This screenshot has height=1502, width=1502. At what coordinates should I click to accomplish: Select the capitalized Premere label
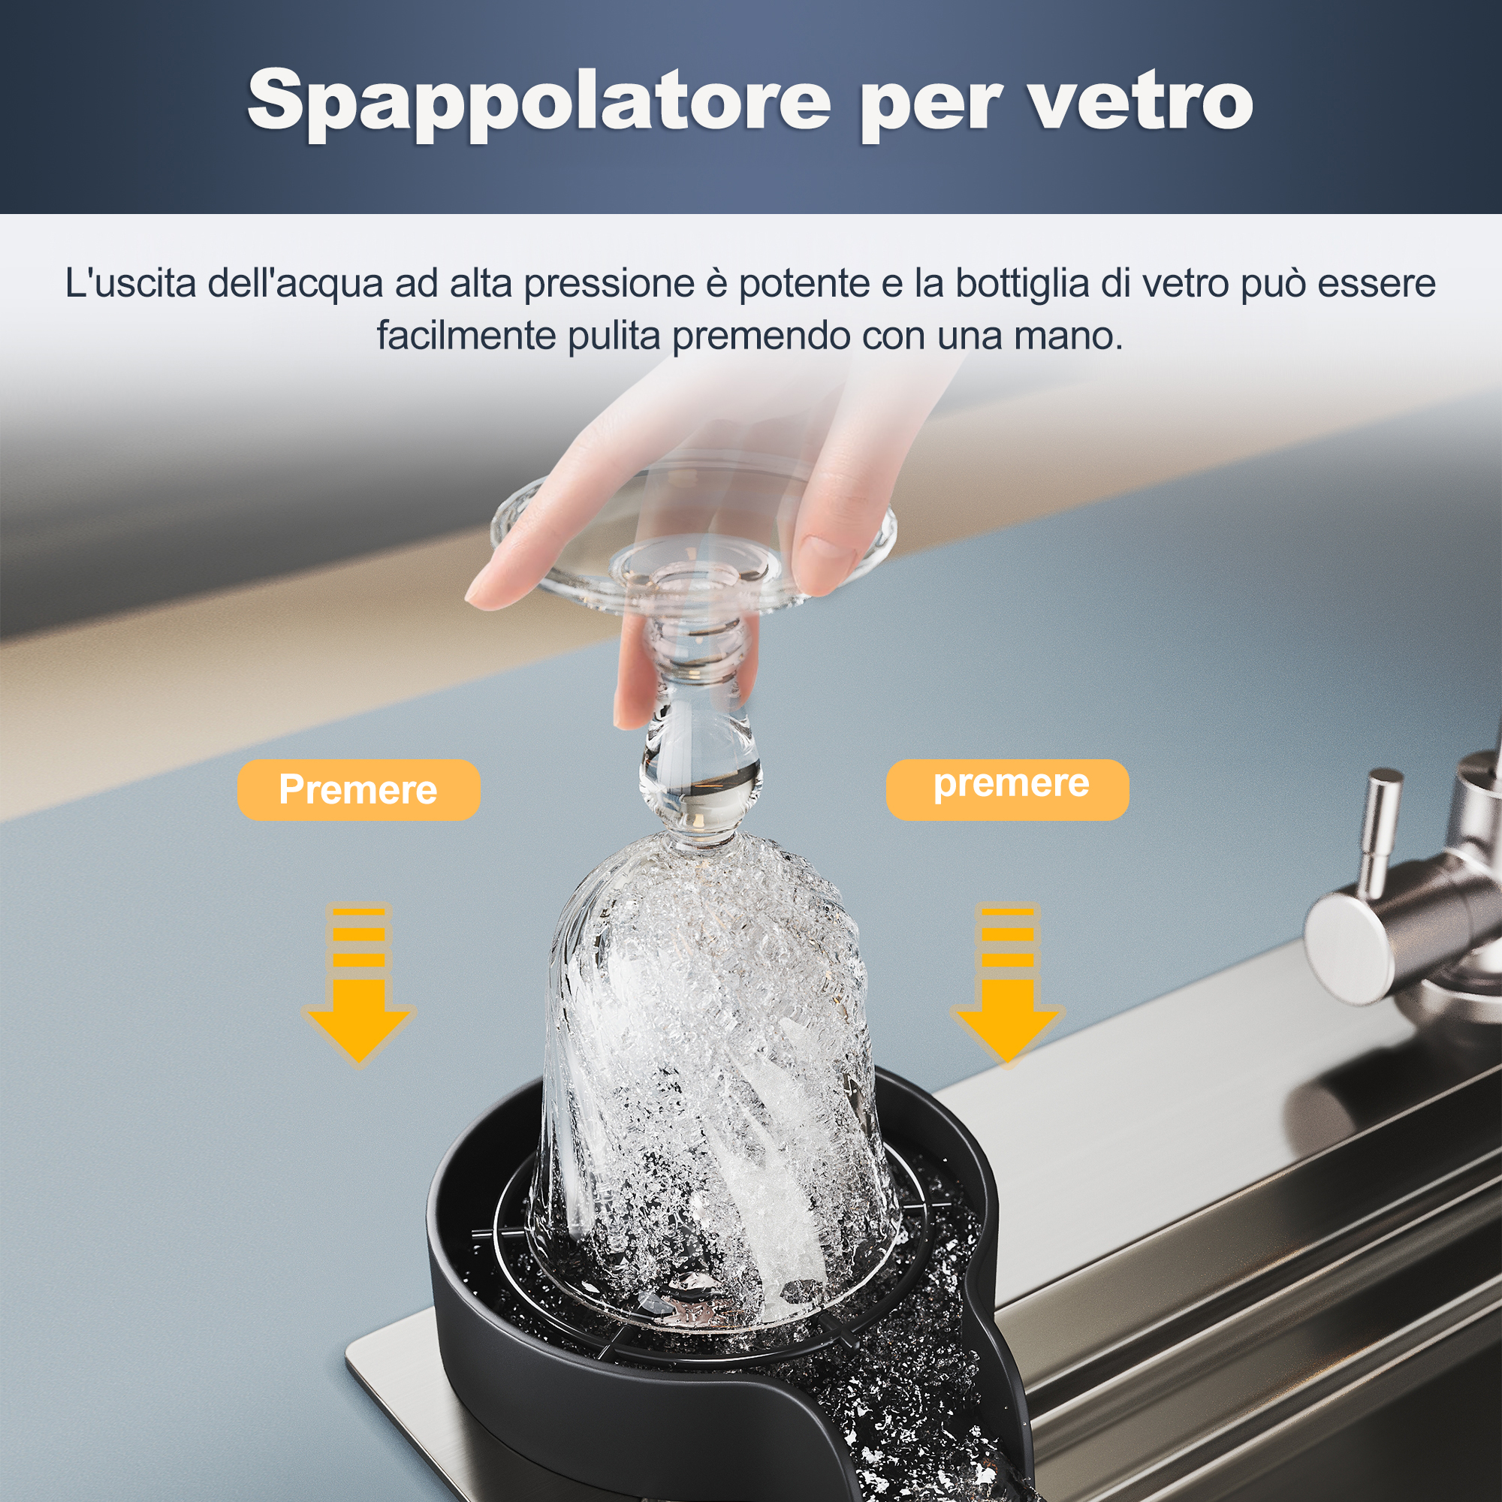tap(358, 790)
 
